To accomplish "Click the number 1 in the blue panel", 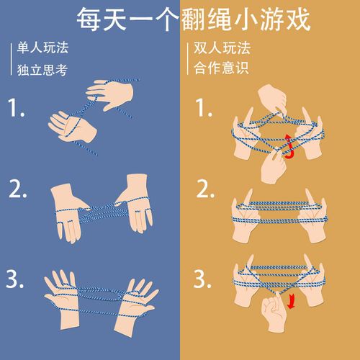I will coord(17,109).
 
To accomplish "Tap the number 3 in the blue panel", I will coord(17,278).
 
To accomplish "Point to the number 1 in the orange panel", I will coord(204,109).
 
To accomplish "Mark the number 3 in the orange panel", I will coord(205,278).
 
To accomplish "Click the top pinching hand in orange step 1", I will coord(271,97).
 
